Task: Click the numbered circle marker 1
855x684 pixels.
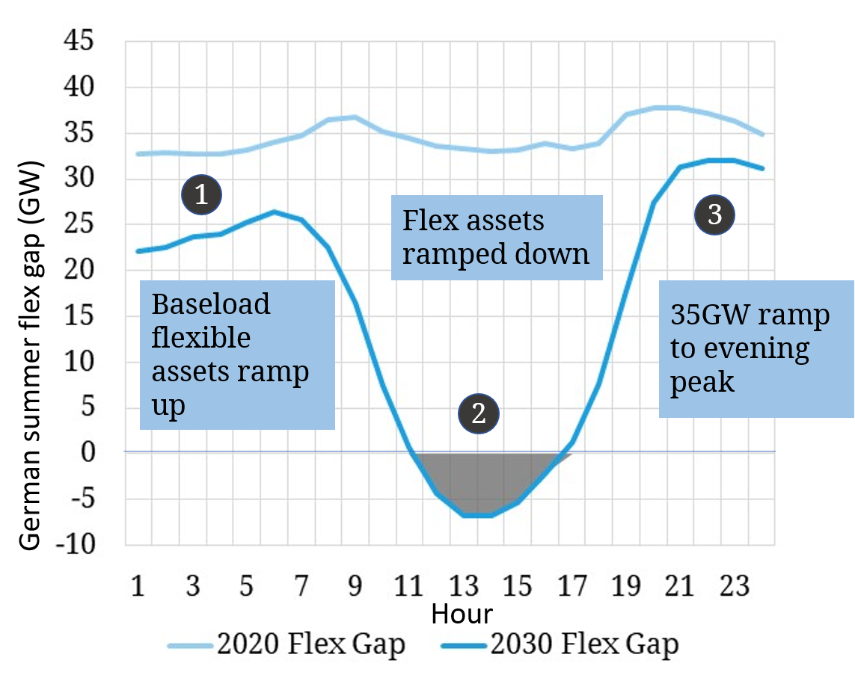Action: click(201, 195)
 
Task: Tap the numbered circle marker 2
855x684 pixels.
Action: click(478, 413)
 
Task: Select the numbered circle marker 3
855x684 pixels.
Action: click(714, 215)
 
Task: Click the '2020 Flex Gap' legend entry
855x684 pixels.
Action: click(287, 644)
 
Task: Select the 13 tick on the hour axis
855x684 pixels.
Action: click(463, 585)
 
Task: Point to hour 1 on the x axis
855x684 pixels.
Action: click(138, 585)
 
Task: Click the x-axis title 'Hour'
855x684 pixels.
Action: click(462, 614)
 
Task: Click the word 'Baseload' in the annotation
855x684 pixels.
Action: click(210, 304)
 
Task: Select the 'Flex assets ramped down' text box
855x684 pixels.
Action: click(497, 238)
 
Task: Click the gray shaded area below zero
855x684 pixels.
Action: click(479, 478)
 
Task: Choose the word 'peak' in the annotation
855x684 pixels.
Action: click(702, 382)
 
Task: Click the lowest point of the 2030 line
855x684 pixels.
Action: click(477, 515)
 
